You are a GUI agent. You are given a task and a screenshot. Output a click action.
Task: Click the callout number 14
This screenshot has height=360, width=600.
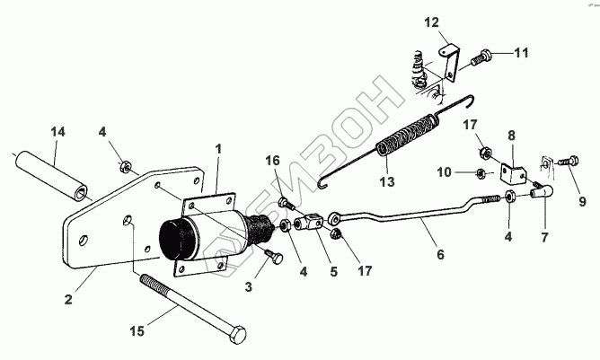pos(58,132)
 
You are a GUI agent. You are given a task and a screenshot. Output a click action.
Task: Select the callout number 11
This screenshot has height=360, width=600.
pos(523,53)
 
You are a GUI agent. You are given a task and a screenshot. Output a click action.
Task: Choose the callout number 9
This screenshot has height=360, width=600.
pos(581,201)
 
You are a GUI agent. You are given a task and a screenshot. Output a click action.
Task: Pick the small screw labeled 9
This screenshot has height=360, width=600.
pos(566,162)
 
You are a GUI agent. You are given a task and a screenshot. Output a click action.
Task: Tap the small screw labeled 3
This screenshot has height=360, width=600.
pos(275,258)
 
